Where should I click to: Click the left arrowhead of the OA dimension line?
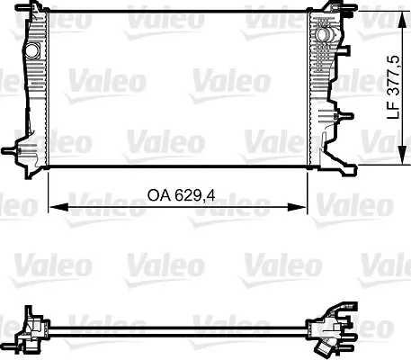[49, 207]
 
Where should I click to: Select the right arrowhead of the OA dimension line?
[303, 207]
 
